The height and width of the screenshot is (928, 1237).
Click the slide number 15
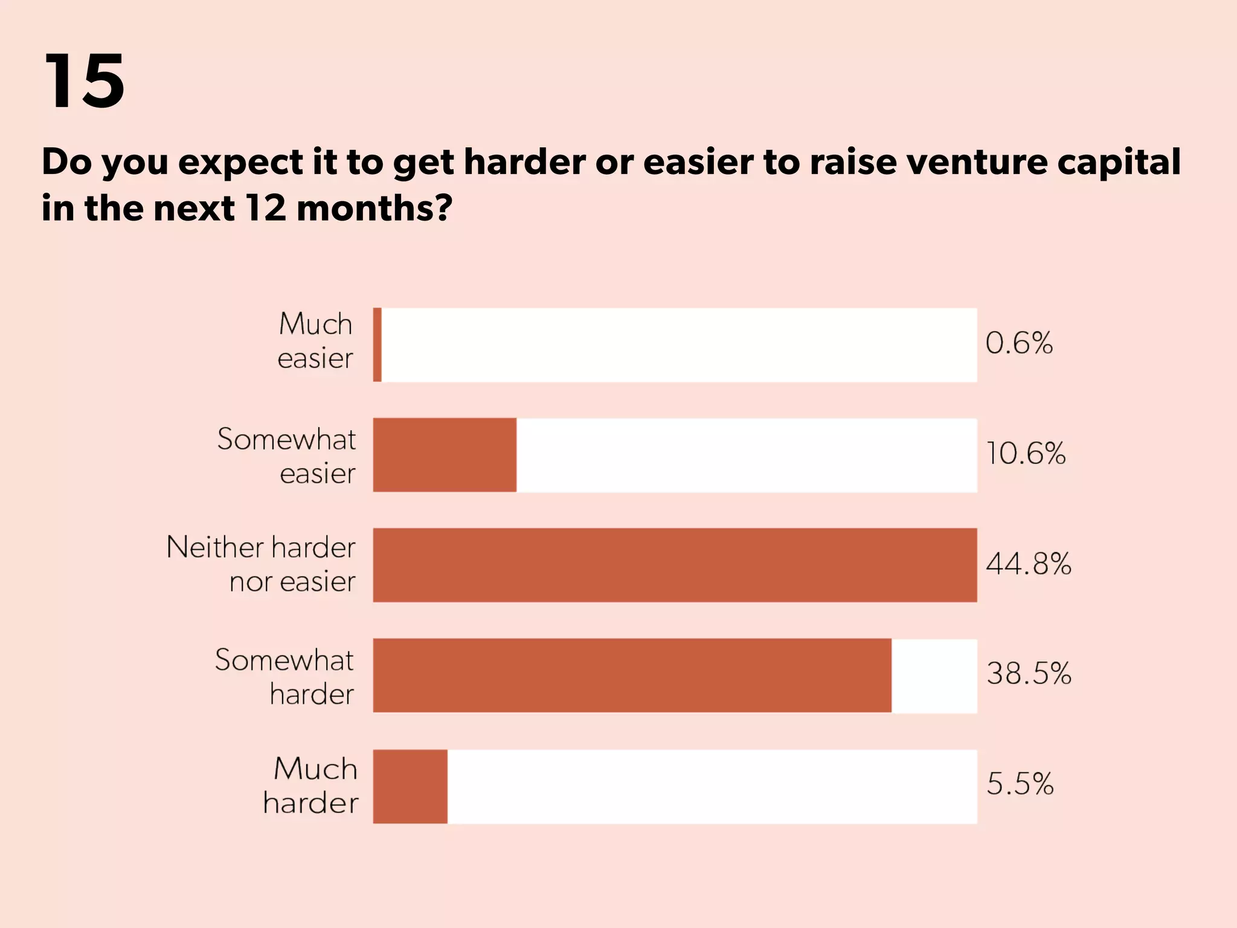point(85,80)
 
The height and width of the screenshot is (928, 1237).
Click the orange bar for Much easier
point(378,345)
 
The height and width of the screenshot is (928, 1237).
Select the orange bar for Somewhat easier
point(445,455)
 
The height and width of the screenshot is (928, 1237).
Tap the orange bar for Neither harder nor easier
point(675,565)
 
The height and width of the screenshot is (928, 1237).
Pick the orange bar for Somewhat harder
point(632,675)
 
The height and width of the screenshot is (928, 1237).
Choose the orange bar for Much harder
point(410,786)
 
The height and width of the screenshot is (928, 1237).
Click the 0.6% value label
point(1019,343)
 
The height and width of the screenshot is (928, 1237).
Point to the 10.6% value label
point(1026,454)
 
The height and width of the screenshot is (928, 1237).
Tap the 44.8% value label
point(1029,564)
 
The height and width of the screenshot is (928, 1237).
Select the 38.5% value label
point(1029,673)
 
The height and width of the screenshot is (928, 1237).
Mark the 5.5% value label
point(1020,784)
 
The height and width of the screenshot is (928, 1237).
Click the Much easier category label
point(315,341)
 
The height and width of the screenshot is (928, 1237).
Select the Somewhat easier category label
point(287,456)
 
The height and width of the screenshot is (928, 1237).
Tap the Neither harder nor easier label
point(261,564)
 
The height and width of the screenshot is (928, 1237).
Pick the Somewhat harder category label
point(284,677)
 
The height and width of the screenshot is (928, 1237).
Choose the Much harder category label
point(311,785)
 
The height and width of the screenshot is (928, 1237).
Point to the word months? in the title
point(374,208)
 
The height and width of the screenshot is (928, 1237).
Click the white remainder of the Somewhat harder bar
point(934,675)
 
